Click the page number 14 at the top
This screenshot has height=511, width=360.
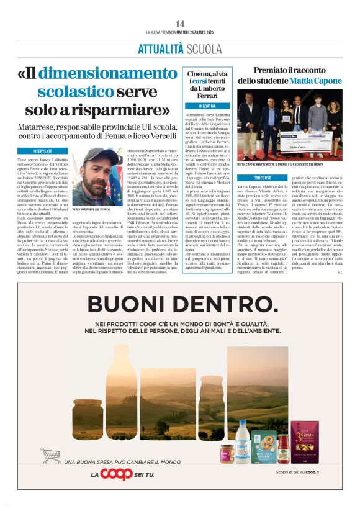(x=179, y=24)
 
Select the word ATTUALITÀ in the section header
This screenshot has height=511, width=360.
(x=160, y=49)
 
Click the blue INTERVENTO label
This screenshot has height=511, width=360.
(x=42, y=151)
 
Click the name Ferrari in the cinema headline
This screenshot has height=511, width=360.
(x=207, y=96)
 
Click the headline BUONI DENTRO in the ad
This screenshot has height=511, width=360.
(x=179, y=304)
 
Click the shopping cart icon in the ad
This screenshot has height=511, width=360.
(x=50, y=456)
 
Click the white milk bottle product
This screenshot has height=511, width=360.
(x=243, y=447)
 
